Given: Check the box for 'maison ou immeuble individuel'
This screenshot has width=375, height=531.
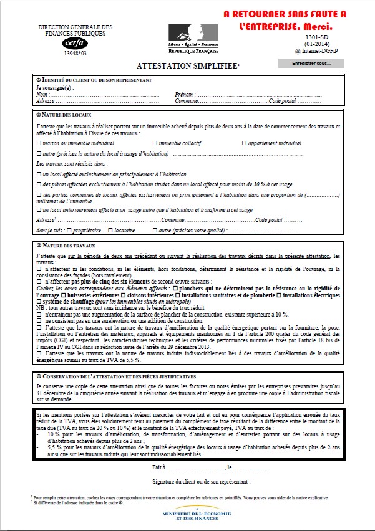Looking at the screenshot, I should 39,143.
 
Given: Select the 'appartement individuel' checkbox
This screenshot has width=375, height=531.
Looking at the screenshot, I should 243,143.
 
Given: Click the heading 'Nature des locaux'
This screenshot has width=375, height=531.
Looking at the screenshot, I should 66,115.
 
